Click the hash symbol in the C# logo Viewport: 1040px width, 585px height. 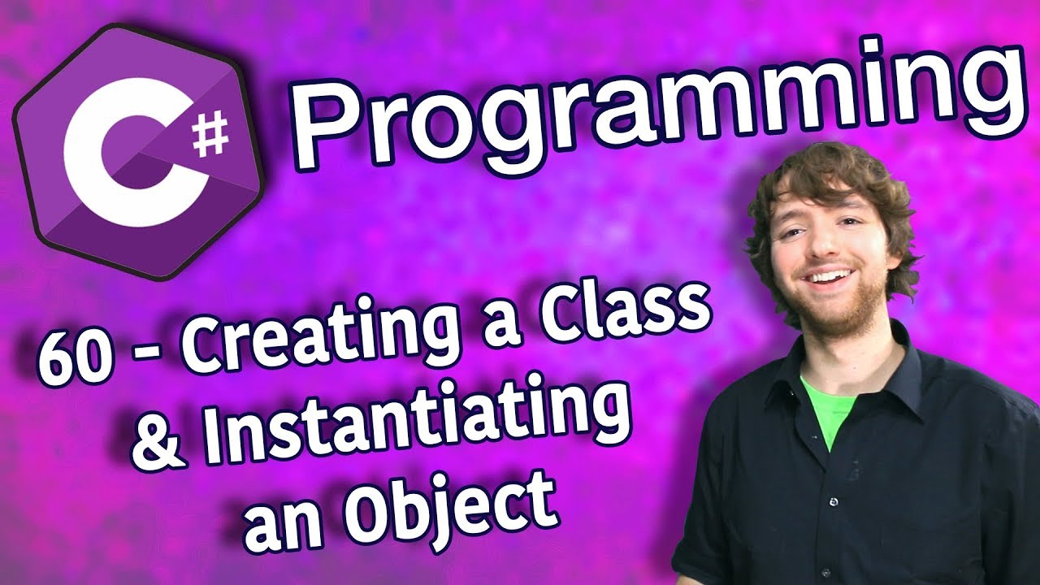coord(210,132)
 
